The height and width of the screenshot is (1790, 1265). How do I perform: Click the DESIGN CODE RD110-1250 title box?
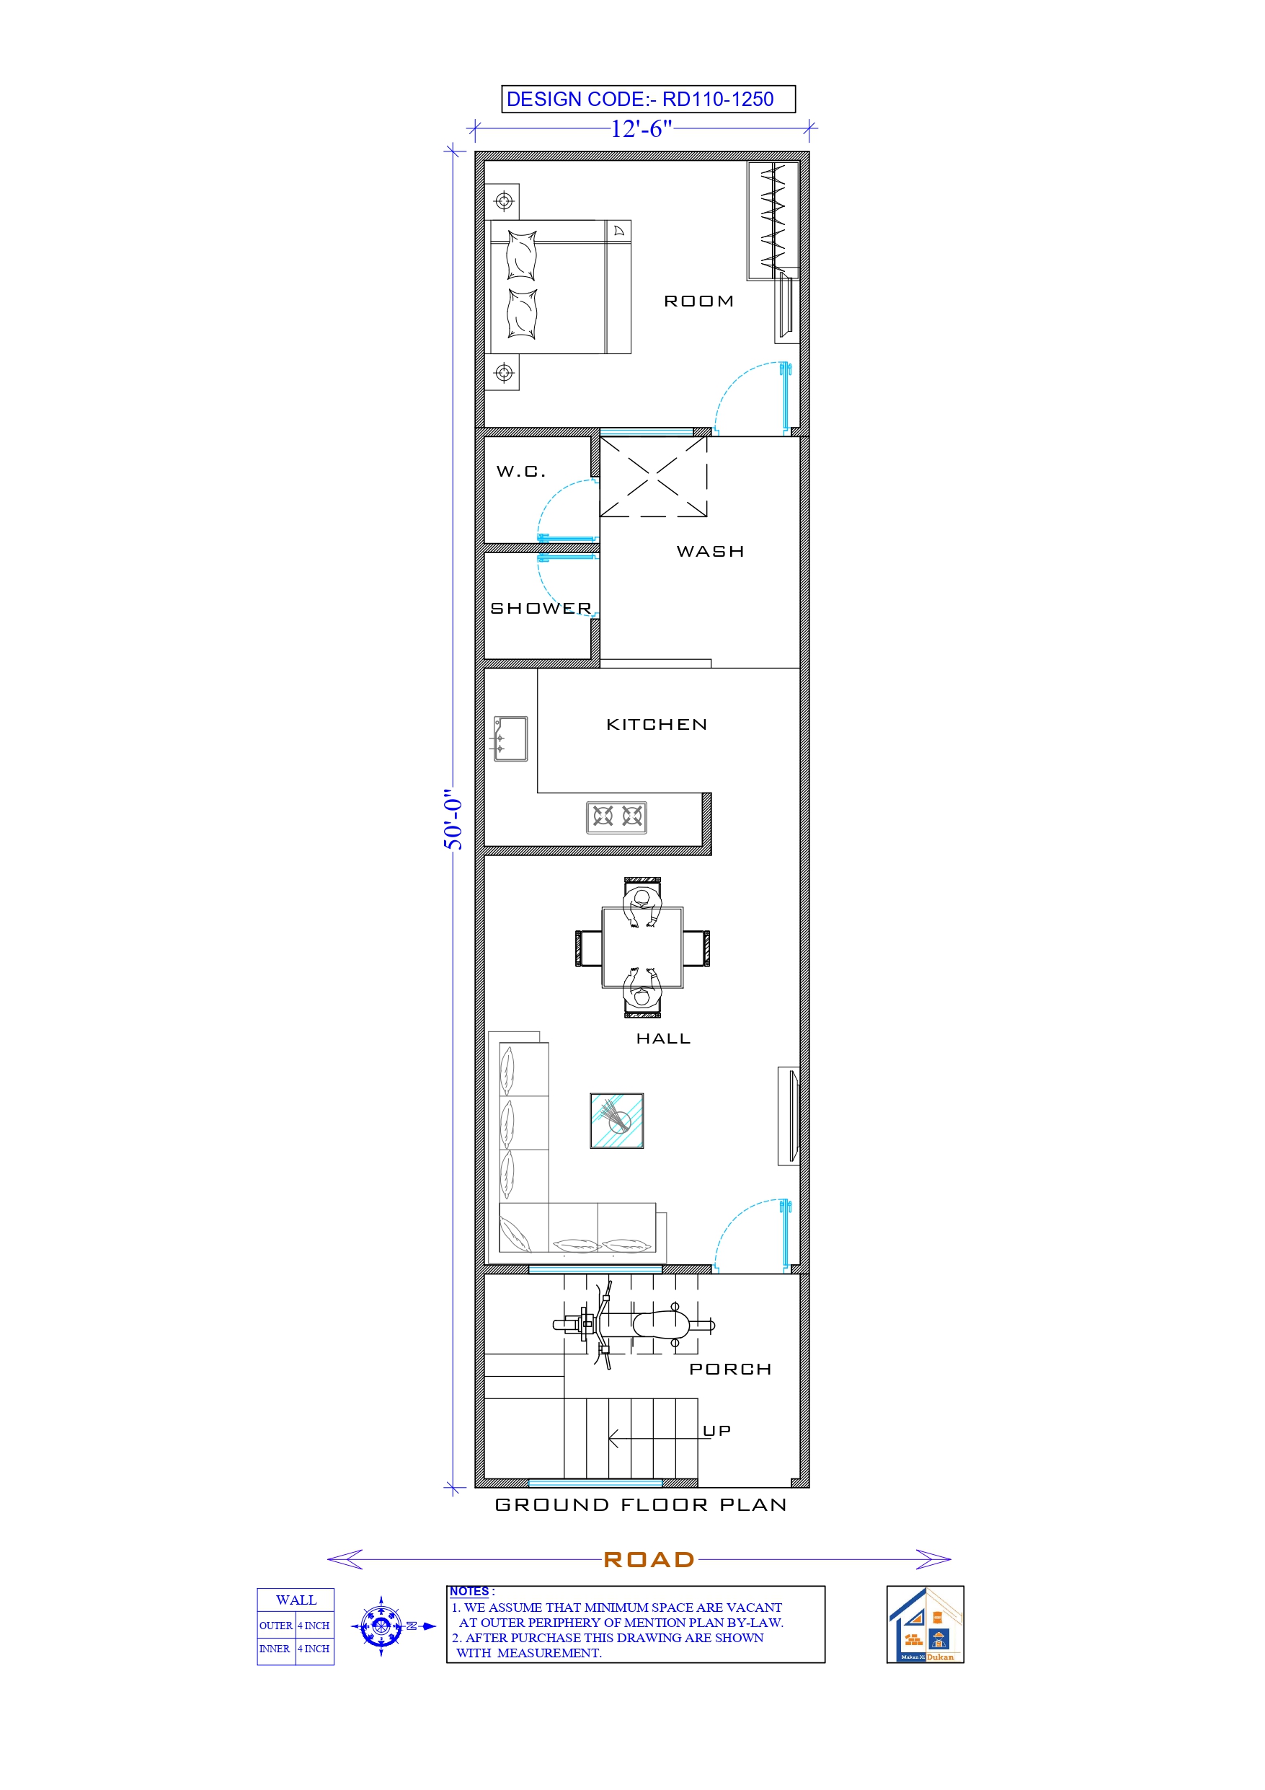tap(648, 99)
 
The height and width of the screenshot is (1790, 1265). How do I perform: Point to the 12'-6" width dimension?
tap(641, 128)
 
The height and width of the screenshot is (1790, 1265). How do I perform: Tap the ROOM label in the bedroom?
tap(698, 301)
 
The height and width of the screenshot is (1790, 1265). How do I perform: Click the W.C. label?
tap(520, 471)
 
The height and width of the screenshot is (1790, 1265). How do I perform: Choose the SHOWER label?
tap(541, 608)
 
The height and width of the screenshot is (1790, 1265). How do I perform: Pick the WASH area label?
tap(710, 551)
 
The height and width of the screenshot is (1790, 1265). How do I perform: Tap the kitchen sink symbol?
tap(510, 739)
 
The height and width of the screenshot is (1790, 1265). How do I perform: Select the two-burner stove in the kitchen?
tap(616, 817)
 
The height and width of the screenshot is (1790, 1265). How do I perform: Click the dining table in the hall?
tap(642, 947)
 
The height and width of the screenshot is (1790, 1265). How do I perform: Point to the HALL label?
tap(663, 1039)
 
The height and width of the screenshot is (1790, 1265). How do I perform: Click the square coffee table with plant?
tap(616, 1121)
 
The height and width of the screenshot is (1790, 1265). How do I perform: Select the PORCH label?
tap(730, 1369)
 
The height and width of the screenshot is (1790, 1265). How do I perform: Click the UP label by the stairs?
tap(716, 1431)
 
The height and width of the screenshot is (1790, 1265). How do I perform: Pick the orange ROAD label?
tap(649, 1560)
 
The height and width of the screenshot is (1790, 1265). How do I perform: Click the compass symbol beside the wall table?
tap(381, 1626)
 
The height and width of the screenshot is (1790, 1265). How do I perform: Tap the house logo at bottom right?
tap(926, 1625)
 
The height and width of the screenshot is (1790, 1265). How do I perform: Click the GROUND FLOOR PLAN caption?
tap(641, 1504)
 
